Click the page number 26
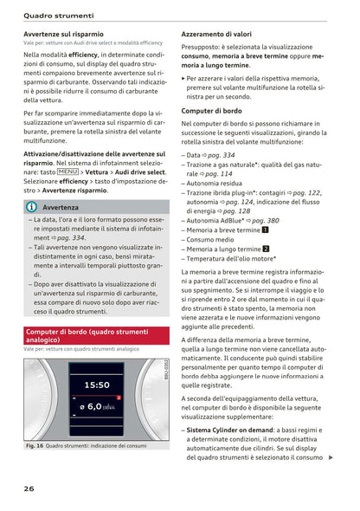29,488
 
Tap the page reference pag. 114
216,173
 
